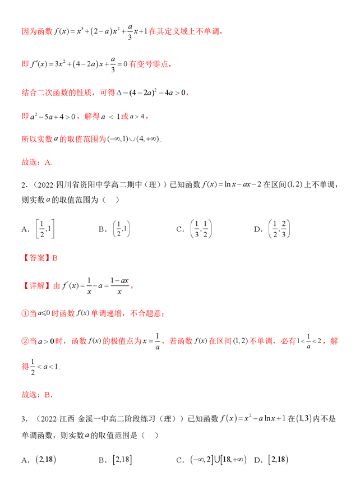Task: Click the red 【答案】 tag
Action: point(36,258)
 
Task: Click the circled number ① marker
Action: point(25,313)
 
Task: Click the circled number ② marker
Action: point(25,340)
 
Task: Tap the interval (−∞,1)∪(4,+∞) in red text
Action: point(133,138)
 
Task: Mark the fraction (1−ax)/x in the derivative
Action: point(117,285)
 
